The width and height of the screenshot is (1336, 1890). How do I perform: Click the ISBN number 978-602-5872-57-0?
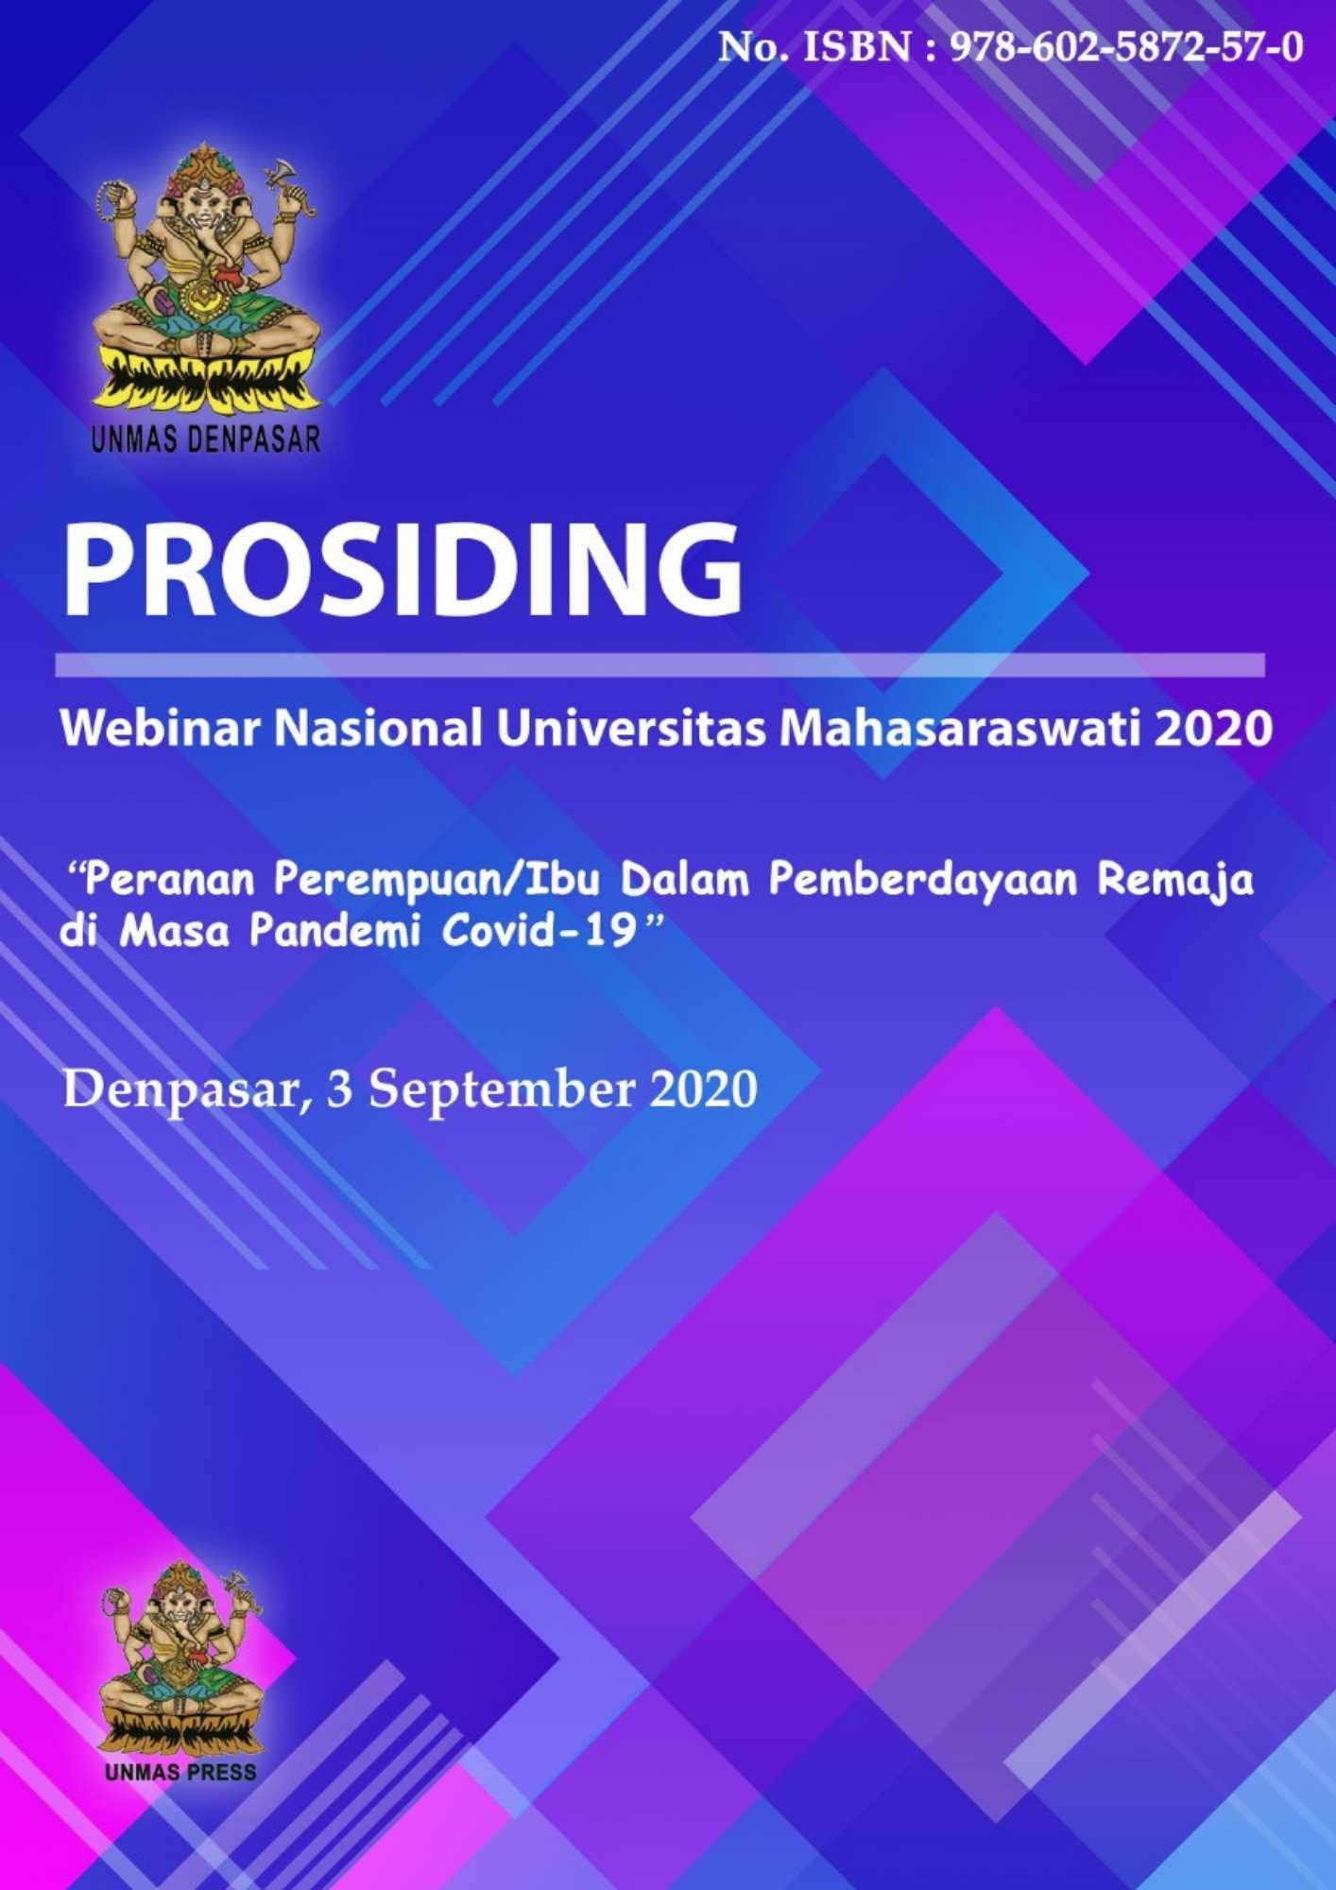(1126, 47)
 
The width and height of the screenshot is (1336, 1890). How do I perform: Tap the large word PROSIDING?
(403, 571)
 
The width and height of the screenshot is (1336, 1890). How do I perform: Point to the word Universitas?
(631, 728)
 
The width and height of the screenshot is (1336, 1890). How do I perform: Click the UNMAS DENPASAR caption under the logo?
(206, 438)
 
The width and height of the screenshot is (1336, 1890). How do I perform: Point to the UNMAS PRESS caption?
(180, 1772)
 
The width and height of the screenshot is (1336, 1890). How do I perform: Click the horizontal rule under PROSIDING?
(659, 664)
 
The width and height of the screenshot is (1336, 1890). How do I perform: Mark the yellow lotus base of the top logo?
(206, 383)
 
